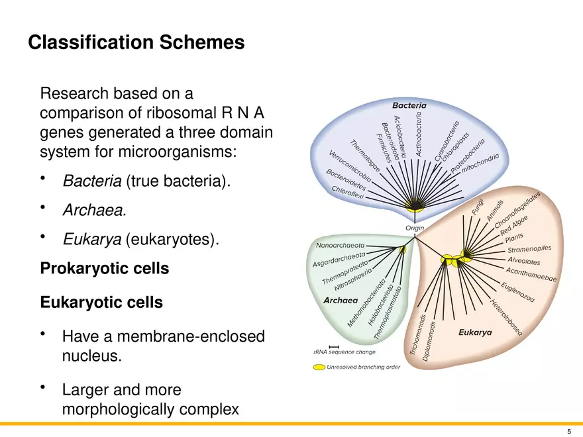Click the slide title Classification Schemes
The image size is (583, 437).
[x=136, y=43]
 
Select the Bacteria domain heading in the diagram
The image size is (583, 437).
[x=409, y=105]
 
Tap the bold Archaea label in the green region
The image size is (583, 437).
[x=341, y=300]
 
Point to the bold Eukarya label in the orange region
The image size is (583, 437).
[x=475, y=332]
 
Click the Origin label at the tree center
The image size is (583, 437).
[x=415, y=228]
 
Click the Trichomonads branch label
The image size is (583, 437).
[x=414, y=338]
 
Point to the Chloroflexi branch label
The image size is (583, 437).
[x=348, y=193]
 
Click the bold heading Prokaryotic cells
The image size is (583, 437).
[x=105, y=269]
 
